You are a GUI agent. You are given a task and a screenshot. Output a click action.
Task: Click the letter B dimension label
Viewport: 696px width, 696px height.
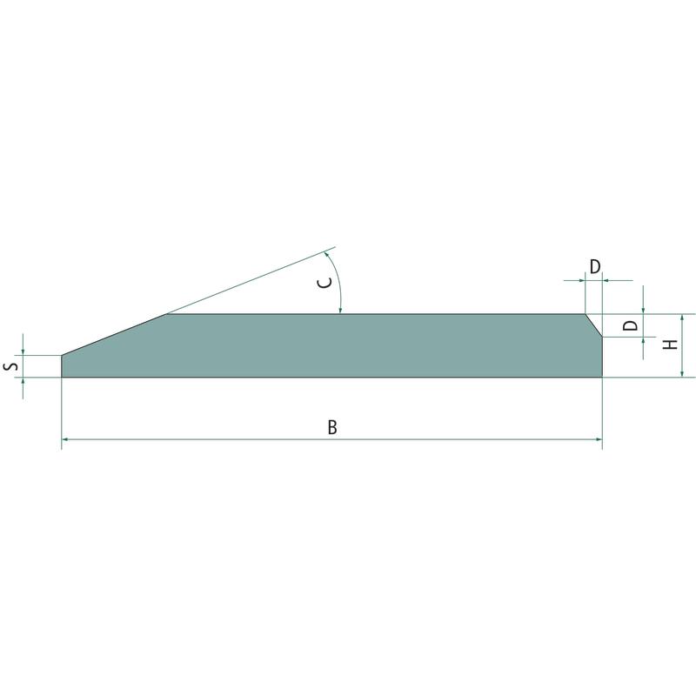point(332,427)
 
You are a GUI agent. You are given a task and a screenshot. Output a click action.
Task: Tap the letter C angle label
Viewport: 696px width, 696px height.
point(325,282)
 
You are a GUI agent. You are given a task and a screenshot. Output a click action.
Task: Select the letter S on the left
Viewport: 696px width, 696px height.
point(12,366)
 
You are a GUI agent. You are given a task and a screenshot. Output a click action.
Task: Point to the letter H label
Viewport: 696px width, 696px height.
point(670,344)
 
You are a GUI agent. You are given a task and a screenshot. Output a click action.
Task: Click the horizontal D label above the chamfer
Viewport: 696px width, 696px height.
point(595,266)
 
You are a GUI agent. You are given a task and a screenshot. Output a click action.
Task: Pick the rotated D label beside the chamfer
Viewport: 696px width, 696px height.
point(630,325)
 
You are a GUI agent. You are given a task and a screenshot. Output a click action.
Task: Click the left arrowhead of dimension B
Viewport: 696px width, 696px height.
point(64,439)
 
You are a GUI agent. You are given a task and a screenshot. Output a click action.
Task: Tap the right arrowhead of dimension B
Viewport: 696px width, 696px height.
point(599,439)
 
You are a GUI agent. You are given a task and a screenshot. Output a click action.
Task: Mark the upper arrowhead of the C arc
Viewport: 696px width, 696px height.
point(327,255)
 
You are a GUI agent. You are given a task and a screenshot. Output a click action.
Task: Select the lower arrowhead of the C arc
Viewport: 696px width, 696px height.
point(340,311)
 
